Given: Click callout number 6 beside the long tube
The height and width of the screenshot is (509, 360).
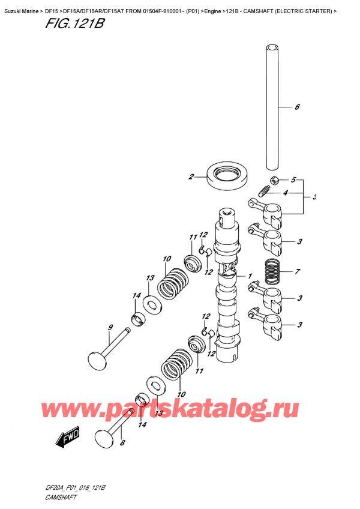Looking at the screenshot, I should point(296,108).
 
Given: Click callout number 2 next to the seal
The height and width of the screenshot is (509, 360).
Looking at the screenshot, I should point(191,176).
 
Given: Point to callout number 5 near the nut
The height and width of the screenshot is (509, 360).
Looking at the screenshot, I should point(293,179).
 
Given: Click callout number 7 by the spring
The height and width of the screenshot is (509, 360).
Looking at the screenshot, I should point(296,272).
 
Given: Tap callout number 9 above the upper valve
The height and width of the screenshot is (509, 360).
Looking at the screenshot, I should point(110,327).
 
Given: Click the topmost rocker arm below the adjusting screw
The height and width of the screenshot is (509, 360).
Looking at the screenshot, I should point(266,210).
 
